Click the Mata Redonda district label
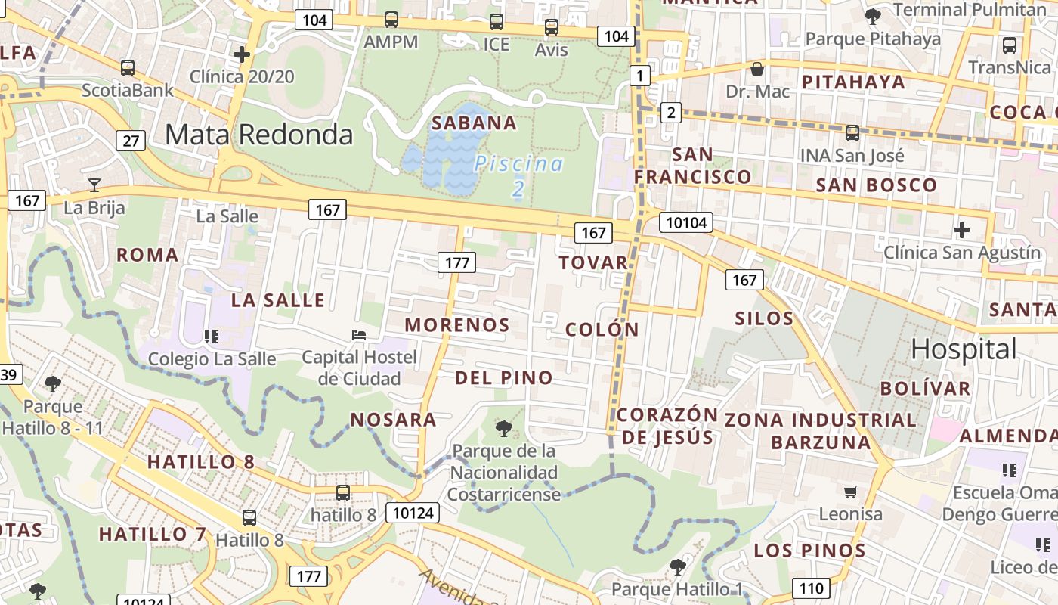click(258, 135)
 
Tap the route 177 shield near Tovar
click(456, 262)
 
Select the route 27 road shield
click(131, 141)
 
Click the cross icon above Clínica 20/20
click(242, 54)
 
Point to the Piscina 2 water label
click(518, 175)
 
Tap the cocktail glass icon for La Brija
click(94, 185)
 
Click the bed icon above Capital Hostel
click(359, 335)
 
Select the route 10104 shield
click(686, 222)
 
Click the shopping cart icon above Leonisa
click(850, 492)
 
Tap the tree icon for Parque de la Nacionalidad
click(503, 429)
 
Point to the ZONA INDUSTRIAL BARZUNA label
click(821, 430)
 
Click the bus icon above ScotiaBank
click(128, 68)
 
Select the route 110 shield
click(811, 588)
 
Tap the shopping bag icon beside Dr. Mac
click(756, 70)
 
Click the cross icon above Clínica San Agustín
click(962, 229)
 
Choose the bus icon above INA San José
click(852, 133)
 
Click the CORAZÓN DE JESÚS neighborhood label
click(667, 426)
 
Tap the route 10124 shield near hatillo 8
click(413, 513)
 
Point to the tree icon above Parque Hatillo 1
click(677, 566)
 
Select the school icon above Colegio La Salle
click(211, 335)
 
